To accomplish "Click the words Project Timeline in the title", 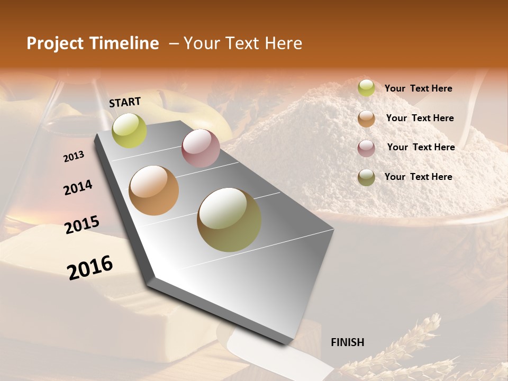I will [x=93, y=43].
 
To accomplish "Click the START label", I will [x=125, y=102].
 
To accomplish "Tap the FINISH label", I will [x=347, y=342].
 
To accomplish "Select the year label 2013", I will [x=74, y=157].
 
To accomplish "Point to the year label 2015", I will [x=82, y=224].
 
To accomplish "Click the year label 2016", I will [x=90, y=268].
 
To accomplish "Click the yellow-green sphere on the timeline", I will [x=130, y=130].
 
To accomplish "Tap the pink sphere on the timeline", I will [x=201, y=148].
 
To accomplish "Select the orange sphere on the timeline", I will [x=154, y=190].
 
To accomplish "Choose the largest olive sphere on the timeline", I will [x=229, y=220].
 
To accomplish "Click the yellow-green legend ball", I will [x=366, y=88].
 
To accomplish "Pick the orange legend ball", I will [x=366, y=119].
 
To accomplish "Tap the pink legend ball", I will [x=366, y=148].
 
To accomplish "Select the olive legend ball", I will [x=366, y=177].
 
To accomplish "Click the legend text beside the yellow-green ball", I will [x=418, y=89].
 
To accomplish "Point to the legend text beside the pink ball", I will [x=421, y=147].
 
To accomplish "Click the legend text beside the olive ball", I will [x=418, y=177].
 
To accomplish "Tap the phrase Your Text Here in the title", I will [x=243, y=43].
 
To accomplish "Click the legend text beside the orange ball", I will [x=420, y=118].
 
